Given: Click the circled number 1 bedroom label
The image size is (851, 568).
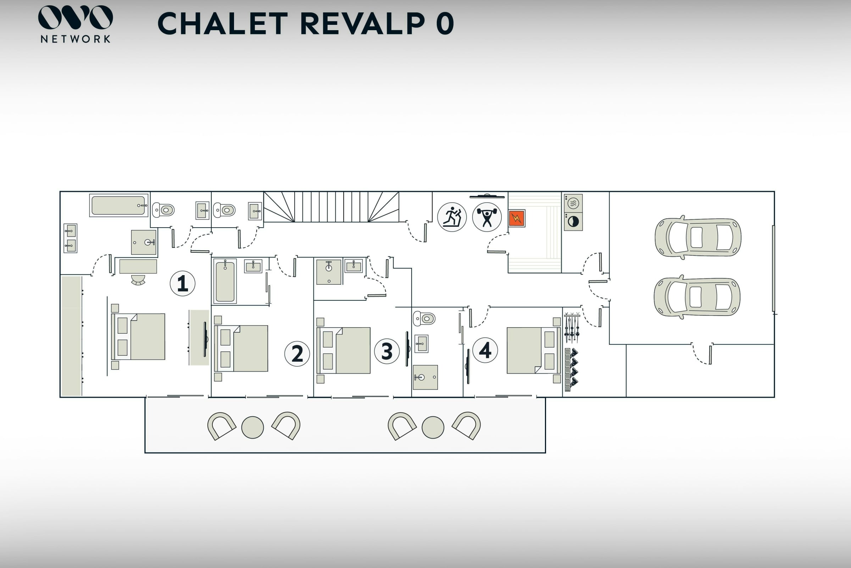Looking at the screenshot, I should (x=182, y=283).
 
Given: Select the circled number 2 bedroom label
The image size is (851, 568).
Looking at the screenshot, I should (x=297, y=354).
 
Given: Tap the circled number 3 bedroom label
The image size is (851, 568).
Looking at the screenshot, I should (x=387, y=351).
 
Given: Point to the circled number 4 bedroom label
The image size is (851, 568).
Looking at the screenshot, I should (x=485, y=350).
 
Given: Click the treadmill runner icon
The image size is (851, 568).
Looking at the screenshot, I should (x=451, y=217).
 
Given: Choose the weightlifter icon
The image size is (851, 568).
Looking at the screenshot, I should (x=486, y=217).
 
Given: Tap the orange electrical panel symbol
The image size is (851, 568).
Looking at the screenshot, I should (x=516, y=218).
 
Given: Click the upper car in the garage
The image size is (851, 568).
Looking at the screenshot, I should (x=697, y=237).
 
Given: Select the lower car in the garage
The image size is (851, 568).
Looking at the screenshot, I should (x=697, y=297).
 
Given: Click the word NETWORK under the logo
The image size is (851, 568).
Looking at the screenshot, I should (x=75, y=39).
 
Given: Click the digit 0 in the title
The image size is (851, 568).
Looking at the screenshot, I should (x=445, y=23).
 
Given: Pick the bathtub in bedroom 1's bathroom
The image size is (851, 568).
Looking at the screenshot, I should (x=119, y=206).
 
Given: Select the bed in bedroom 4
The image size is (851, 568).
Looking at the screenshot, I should (x=533, y=350).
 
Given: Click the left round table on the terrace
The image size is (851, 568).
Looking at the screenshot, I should (x=252, y=427).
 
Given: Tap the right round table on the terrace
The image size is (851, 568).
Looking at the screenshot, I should (x=433, y=427).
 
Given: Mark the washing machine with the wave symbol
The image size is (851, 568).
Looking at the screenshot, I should (x=573, y=203).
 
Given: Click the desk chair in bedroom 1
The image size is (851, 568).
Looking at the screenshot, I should (x=138, y=280).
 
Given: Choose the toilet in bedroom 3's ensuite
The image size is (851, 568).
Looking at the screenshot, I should (x=424, y=318).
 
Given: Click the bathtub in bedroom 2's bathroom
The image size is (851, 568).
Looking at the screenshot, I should (x=225, y=281).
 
